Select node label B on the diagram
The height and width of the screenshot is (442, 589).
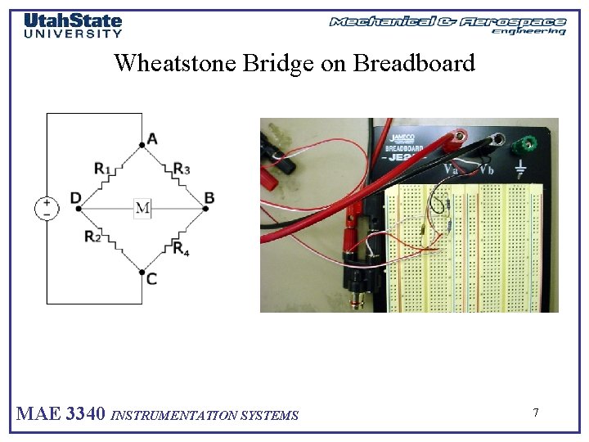pyautogui.click(x=209, y=198)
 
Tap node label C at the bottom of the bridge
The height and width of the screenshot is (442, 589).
pyautogui.click(x=151, y=279)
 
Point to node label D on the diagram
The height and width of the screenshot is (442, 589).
pyautogui.click(x=75, y=198)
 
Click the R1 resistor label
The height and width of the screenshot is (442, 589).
pyautogui.click(x=102, y=169)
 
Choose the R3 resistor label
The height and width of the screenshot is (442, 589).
pyautogui.click(x=182, y=169)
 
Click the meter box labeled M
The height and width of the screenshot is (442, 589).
pyautogui.click(x=143, y=208)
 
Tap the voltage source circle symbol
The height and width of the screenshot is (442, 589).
pyautogui.click(x=47, y=208)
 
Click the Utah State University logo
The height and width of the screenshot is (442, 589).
pyautogui.click(x=73, y=25)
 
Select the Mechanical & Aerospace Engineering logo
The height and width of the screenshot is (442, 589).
pyautogui.click(x=447, y=25)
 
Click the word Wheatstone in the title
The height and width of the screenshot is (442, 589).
pyautogui.click(x=175, y=63)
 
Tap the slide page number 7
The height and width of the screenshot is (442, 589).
pyautogui.click(x=536, y=413)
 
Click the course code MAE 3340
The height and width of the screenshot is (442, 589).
pyautogui.click(x=61, y=414)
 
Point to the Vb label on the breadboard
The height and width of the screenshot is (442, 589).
pyautogui.click(x=487, y=169)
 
